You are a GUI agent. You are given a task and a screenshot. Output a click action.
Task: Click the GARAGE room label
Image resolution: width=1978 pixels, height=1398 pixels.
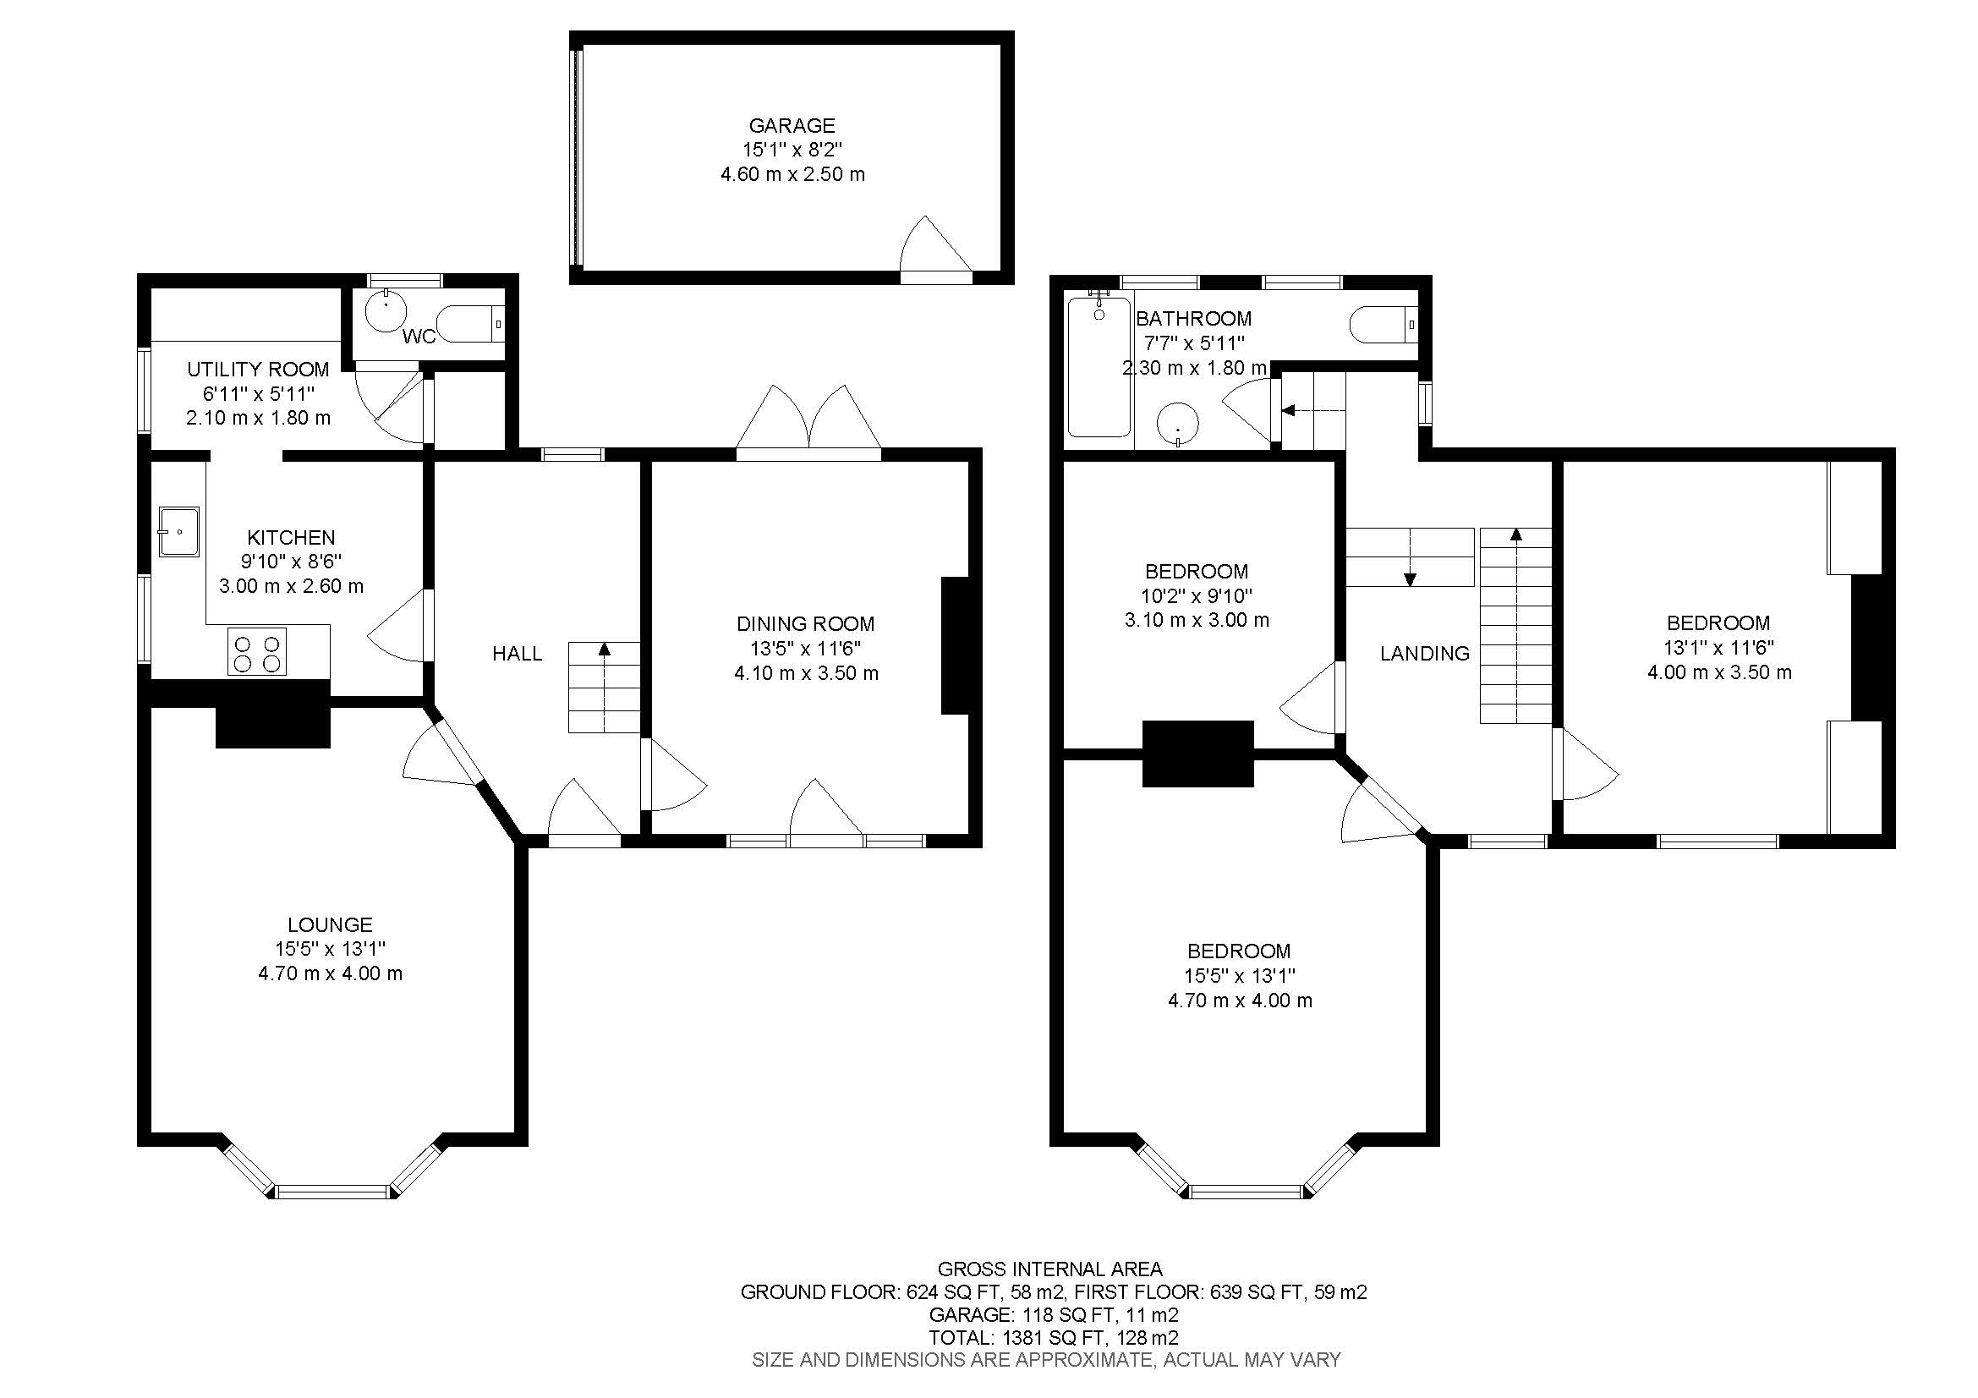pyautogui.click(x=791, y=126)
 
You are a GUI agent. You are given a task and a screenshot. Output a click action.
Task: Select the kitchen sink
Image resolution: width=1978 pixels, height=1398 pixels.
pyautogui.click(x=179, y=531)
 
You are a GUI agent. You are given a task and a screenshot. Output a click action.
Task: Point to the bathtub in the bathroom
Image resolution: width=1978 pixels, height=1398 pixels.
pyautogui.click(x=1099, y=367)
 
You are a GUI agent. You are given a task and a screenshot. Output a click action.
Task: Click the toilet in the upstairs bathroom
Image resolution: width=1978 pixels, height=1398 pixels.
pyautogui.click(x=1381, y=325)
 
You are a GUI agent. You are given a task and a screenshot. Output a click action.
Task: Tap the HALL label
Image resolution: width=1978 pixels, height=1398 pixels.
pyautogui.click(x=517, y=654)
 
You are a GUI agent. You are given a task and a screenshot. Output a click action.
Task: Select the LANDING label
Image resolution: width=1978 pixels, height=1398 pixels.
pyautogui.click(x=1424, y=654)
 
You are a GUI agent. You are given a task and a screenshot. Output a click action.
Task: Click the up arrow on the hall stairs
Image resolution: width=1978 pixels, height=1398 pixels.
pyautogui.click(x=605, y=650)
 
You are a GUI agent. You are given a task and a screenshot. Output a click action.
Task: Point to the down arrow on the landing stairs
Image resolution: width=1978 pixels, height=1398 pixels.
pyautogui.click(x=1411, y=578)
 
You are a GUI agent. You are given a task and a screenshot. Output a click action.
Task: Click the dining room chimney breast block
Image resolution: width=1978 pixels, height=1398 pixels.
pyautogui.click(x=955, y=645)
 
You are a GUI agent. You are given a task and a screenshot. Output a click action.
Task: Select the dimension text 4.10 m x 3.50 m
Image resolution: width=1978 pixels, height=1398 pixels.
pyautogui.click(x=806, y=673)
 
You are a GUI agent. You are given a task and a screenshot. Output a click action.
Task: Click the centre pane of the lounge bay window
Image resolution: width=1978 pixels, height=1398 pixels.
pyautogui.click(x=332, y=1192)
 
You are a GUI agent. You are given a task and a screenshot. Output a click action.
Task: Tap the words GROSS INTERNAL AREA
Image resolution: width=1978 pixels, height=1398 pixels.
pyautogui.click(x=1049, y=1269)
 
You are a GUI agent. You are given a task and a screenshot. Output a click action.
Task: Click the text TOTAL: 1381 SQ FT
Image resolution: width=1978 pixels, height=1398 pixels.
pyautogui.click(x=997, y=1338)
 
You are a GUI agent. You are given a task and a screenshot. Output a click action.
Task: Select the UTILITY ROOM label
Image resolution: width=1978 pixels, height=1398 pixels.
pyautogui.click(x=258, y=370)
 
